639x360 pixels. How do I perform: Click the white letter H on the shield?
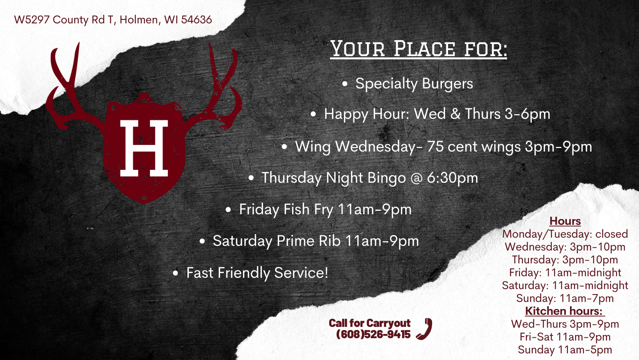[144, 148]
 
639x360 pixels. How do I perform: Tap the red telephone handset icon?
[424, 328]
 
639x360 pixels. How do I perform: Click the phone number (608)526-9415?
[373, 334]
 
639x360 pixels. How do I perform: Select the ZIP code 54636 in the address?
[196, 20]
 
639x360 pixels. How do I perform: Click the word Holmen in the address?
[139, 20]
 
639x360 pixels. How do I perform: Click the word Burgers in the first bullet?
[447, 84]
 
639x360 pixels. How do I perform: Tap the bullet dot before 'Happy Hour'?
[313, 114]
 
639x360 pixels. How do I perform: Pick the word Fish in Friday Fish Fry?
[297, 209]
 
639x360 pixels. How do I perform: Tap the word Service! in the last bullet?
[301, 273]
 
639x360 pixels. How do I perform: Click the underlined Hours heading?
[565, 221]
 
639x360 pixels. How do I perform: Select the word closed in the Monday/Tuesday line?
[612, 234]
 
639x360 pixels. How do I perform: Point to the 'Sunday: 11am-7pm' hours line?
[565, 298]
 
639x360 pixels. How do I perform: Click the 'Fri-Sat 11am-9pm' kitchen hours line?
[565, 337]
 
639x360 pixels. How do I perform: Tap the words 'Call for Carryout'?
[370, 323]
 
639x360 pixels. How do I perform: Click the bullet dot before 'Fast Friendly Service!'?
[175, 273]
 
